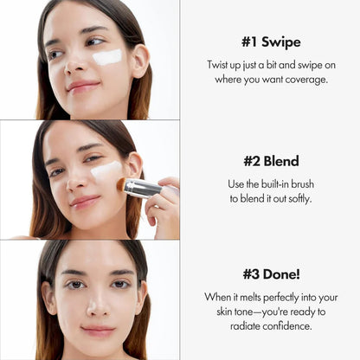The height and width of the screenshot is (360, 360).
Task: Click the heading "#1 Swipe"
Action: (x=270, y=41)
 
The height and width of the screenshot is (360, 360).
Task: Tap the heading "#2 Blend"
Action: (x=270, y=161)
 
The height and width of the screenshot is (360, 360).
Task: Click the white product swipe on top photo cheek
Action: (x=107, y=58)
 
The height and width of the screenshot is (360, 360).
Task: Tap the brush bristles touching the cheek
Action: (x=120, y=184)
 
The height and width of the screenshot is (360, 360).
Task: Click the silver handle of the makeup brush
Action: (x=142, y=188)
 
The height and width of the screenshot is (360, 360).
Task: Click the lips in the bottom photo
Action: (x=96, y=331)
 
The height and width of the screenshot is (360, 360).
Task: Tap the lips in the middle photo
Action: (x=84, y=202)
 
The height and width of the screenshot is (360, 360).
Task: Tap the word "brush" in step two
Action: (x=308, y=184)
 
